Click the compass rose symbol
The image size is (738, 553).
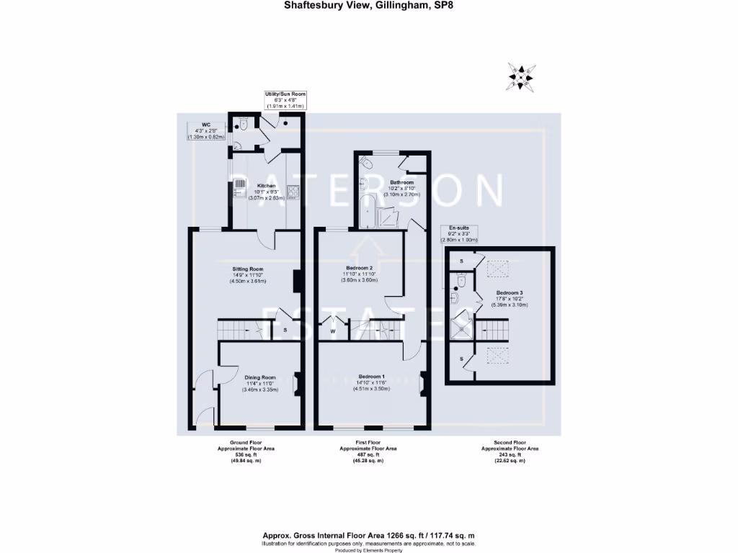click(523, 76)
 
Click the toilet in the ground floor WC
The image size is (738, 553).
click(244, 125)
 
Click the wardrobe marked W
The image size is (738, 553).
click(333, 331)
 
